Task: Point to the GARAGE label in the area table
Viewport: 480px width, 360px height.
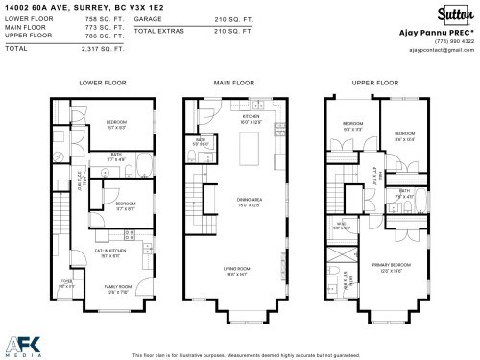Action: tap(148, 19)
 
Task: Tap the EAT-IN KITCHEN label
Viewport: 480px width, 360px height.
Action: tap(107, 252)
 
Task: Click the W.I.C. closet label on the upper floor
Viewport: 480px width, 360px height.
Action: tap(340, 227)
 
